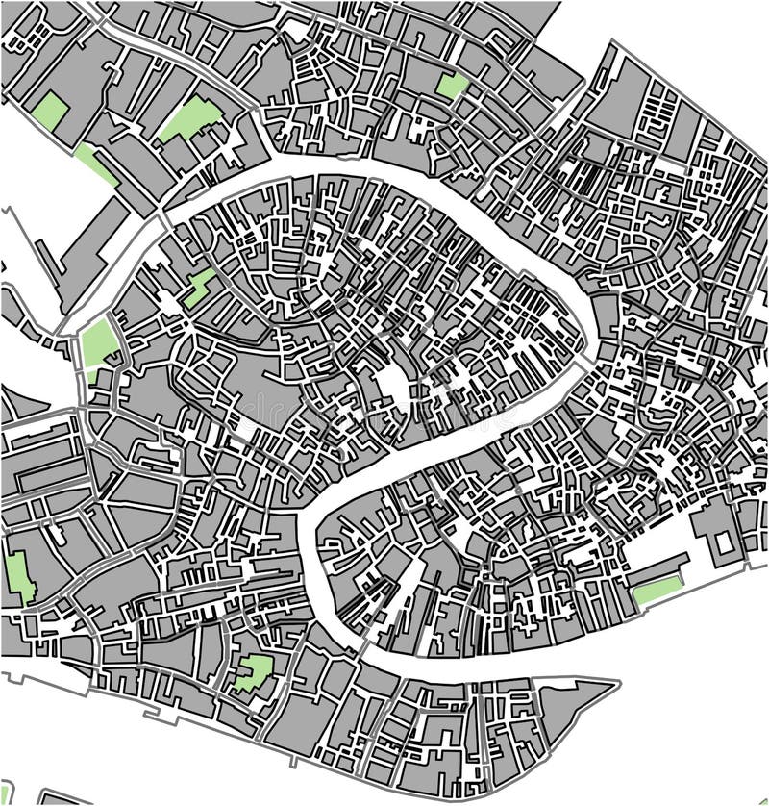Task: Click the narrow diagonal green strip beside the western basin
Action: point(95,164)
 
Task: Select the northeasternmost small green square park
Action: point(450,87)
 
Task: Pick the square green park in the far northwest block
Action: point(50,112)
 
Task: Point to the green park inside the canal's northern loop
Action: point(200,287)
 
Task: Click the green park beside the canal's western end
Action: point(97,344)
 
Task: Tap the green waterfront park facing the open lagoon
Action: point(657,592)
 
